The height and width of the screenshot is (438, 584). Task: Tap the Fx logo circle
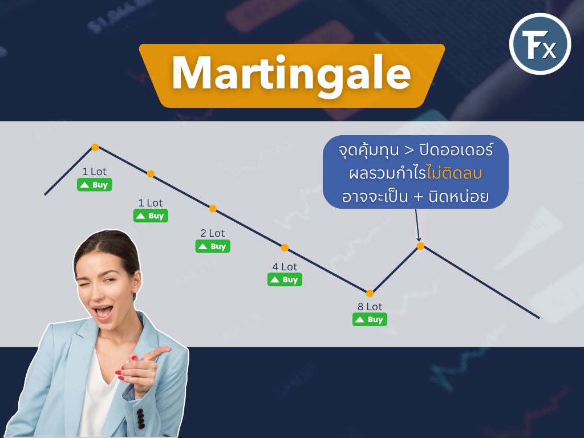540,44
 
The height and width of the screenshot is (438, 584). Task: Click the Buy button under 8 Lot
370,319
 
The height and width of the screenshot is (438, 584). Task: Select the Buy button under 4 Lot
285,279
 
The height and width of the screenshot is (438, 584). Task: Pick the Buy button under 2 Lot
213,246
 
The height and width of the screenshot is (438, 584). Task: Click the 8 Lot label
370,307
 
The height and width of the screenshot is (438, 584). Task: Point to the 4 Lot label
285,267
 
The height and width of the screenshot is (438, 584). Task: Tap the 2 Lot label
213,233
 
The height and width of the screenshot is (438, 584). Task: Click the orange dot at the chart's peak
95,148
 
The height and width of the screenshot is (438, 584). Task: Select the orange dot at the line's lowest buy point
370,294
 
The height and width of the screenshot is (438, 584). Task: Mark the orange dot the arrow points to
420,246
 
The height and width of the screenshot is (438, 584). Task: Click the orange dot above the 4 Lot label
285,248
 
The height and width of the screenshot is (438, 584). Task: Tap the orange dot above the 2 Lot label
213,209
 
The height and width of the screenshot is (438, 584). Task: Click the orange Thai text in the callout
455,173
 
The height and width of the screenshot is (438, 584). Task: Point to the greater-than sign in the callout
409,151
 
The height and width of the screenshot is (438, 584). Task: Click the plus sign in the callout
418,197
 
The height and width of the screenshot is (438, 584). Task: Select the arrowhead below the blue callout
419,239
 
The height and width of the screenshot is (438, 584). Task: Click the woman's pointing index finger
159,352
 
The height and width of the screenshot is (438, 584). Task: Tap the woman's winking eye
87,286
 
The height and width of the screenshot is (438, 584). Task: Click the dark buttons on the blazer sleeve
140,419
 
